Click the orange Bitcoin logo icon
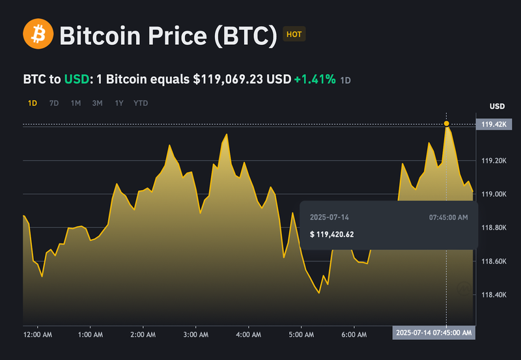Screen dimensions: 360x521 click(38, 35)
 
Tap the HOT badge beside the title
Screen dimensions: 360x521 click(294, 35)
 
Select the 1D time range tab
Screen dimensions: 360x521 click(33, 103)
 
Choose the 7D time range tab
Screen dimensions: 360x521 click(54, 103)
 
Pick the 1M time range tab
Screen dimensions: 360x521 click(76, 103)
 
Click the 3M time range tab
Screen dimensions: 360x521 click(97, 103)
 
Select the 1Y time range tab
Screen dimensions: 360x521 click(119, 103)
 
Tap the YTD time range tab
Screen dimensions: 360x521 click(140, 103)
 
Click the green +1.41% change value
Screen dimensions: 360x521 click(315, 79)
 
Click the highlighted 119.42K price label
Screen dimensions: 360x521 click(494, 124)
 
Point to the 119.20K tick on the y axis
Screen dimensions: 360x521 click(494, 160)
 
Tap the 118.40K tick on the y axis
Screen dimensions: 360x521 click(494, 295)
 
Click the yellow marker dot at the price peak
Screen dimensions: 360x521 click(447, 123)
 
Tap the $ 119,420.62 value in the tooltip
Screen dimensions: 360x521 click(332, 234)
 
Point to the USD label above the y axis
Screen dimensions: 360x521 click(497, 106)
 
